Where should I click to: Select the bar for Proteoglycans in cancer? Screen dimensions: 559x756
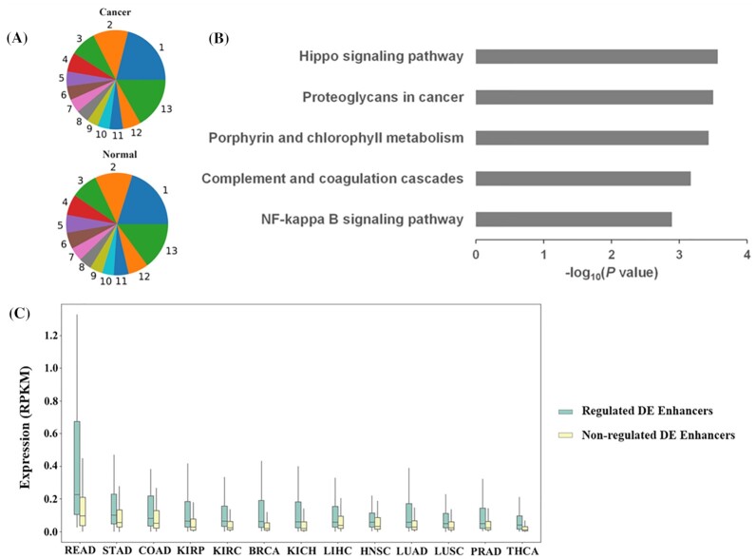(x=594, y=97)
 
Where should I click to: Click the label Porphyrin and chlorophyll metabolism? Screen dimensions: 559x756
(x=336, y=139)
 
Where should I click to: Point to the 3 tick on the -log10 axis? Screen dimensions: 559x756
(x=679, y=256)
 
